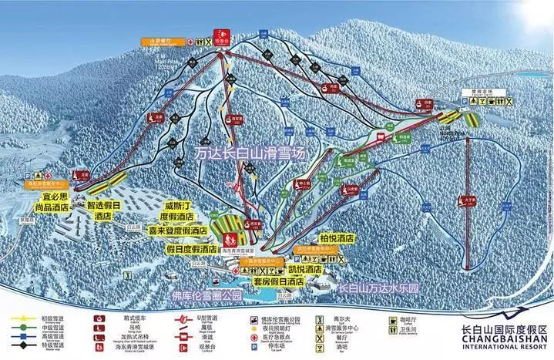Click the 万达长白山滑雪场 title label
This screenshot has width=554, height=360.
click(250, 153)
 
